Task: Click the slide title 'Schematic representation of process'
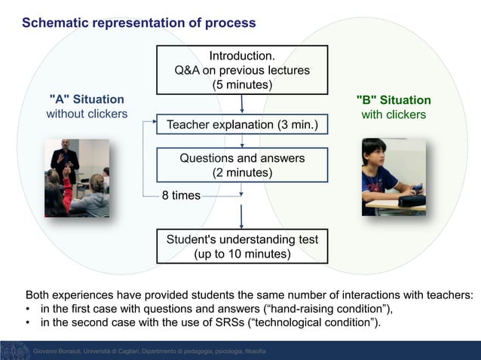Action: [x=139, y=23]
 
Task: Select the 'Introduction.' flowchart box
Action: [x=242, y=70]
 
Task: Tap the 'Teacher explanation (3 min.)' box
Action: [x=242, y=124]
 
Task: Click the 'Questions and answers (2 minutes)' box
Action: [x=242, y=166]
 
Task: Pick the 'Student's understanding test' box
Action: [x=242, y=246]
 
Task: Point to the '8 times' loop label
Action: [x=181, y=196]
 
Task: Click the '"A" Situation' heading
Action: [x=87, y=99]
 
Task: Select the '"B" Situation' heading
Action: [x=394, y=100]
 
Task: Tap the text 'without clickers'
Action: [x=87, y=114]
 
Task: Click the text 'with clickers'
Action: [x=394, y=115]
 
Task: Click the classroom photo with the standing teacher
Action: [x=76, y=178]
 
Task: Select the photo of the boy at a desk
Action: [x=394, y=177]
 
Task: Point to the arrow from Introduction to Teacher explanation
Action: [x=242, y=104]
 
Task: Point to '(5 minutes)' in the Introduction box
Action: [x=242, y=84]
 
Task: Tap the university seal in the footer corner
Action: [x=14, y=351]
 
